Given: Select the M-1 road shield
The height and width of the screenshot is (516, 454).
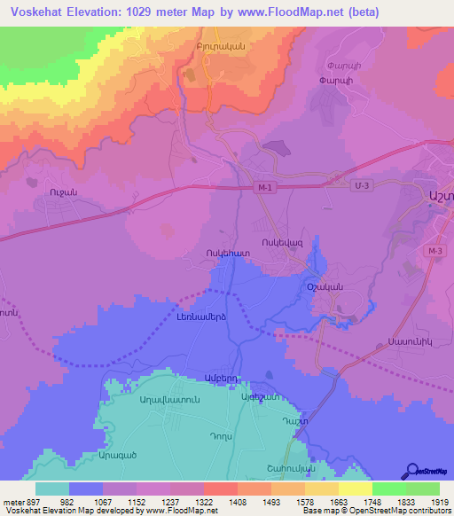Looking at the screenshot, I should tap(263, 186).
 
